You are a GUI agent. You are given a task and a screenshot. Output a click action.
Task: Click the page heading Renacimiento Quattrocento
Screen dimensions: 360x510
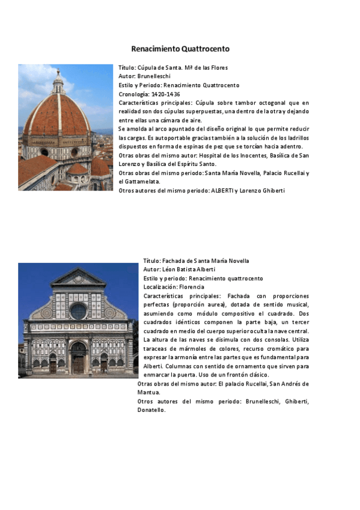[180, 49]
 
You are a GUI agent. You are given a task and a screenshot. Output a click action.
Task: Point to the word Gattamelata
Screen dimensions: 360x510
[142, 182]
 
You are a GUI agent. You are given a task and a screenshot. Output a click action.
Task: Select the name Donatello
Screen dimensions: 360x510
[151, 410]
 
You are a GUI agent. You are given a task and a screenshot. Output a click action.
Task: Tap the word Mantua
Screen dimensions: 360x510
[148, 392]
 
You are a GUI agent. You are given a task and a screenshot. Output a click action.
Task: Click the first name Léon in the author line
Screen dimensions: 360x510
[171, 269]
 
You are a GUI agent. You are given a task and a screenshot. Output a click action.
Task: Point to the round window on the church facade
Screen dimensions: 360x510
[78, 311]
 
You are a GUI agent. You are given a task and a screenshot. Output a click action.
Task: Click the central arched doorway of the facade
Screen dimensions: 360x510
[78, 359]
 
